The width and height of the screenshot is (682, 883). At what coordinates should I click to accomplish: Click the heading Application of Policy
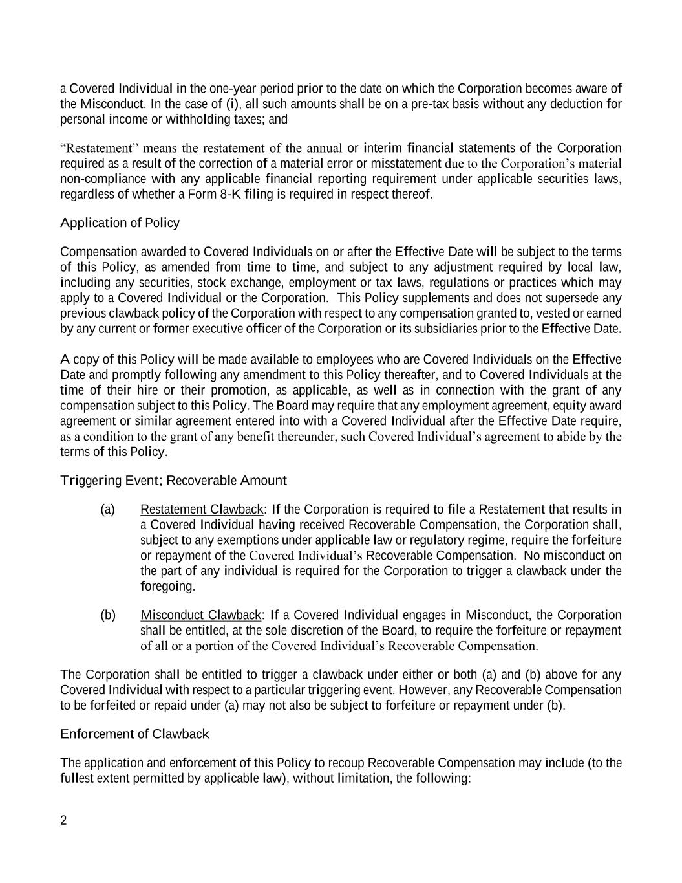click(x=120, y=223)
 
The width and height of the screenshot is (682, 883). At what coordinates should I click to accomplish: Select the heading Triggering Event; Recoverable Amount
click(x=173, y=481)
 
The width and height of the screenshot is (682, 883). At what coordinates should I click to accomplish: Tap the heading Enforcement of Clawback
click(x=134, y=734)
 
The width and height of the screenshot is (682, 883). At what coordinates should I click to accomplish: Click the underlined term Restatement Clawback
click(x=202, y=510)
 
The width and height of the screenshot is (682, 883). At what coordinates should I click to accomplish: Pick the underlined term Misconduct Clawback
click(x=201, y=615)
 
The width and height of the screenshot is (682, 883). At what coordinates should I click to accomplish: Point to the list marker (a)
click(x=108, y=510)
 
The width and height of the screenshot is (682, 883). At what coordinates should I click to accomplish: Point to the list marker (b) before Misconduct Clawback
click(x=108, y=615)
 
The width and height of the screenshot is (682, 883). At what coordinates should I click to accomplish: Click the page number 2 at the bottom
click(x=63, y=821)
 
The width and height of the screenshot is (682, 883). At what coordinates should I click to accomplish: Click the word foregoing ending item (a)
click(x=167, y=587)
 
